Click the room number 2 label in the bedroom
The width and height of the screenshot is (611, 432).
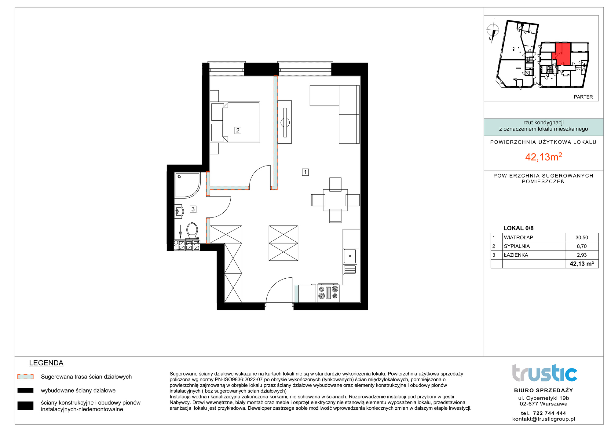click(238, 130)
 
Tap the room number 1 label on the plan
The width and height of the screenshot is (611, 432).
click(305, 172)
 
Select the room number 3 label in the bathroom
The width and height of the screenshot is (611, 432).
click(193, 209)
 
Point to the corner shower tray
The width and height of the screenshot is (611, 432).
click(187, 185)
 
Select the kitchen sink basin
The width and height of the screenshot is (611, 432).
click(350, 256)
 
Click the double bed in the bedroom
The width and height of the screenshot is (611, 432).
click(236, 122)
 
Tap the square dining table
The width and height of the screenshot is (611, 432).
click(335, 200)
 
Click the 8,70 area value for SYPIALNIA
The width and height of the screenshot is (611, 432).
click(582, 246)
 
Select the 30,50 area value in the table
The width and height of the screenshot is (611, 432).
click(582, 237)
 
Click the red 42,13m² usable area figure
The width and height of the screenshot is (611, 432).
click(543, 157)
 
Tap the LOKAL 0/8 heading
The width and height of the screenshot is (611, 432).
click(518, 228)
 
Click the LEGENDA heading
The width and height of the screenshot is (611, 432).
click(46, 363)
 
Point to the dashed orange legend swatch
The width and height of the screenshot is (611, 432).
click(25, 377)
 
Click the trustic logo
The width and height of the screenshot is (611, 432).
click(544, 373)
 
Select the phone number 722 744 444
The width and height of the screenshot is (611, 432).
click(550, 413)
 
